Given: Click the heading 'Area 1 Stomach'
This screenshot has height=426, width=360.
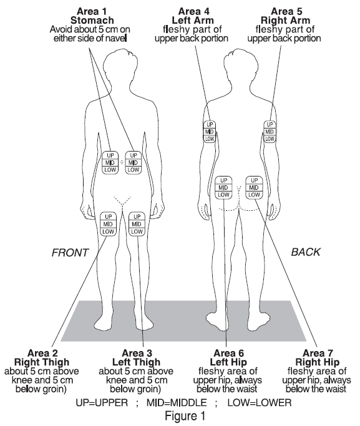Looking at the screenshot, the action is click(x=92, y=16).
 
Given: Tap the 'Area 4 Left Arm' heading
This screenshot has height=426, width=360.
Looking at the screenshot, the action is click(x=193, y=16).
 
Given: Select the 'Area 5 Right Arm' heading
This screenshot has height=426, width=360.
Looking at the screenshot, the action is click(x=286, y=16).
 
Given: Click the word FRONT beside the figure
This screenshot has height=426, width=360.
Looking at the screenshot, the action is click(x=70, y=253).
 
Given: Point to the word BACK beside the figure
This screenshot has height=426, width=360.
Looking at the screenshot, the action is click(x=306, y=252).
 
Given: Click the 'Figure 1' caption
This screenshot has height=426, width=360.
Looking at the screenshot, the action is click(x=185, y=416).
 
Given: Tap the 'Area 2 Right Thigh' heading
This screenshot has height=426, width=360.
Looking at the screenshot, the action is click(x=42, y=358).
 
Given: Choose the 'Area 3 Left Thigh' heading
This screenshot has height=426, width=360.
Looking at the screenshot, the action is click(x=137, y=358).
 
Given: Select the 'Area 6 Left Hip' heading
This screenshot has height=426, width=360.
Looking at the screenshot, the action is click(x=228, y=358).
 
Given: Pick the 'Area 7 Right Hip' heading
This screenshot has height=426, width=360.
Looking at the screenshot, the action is click(x=318, y=358).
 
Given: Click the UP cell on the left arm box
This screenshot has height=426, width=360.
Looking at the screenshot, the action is click(x=210, y=125).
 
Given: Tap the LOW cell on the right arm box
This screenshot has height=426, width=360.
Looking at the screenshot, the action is click(x=270, y=139).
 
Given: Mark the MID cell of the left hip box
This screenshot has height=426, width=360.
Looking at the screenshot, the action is click(x=223, y=188).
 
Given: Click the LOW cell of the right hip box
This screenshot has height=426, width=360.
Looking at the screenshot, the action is click(x=254, y=195).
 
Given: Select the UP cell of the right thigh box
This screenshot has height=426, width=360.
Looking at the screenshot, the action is click(x=108, y=216).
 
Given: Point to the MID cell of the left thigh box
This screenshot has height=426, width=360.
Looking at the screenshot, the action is click(x=137, y=224).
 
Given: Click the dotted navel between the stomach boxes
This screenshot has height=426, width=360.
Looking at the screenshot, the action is click(x=122, y=162).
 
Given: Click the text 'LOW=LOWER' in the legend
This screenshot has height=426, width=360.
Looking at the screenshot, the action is click(x=260, y=402).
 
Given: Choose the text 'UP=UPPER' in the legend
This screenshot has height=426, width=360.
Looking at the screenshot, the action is click(x=102, y=402).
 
